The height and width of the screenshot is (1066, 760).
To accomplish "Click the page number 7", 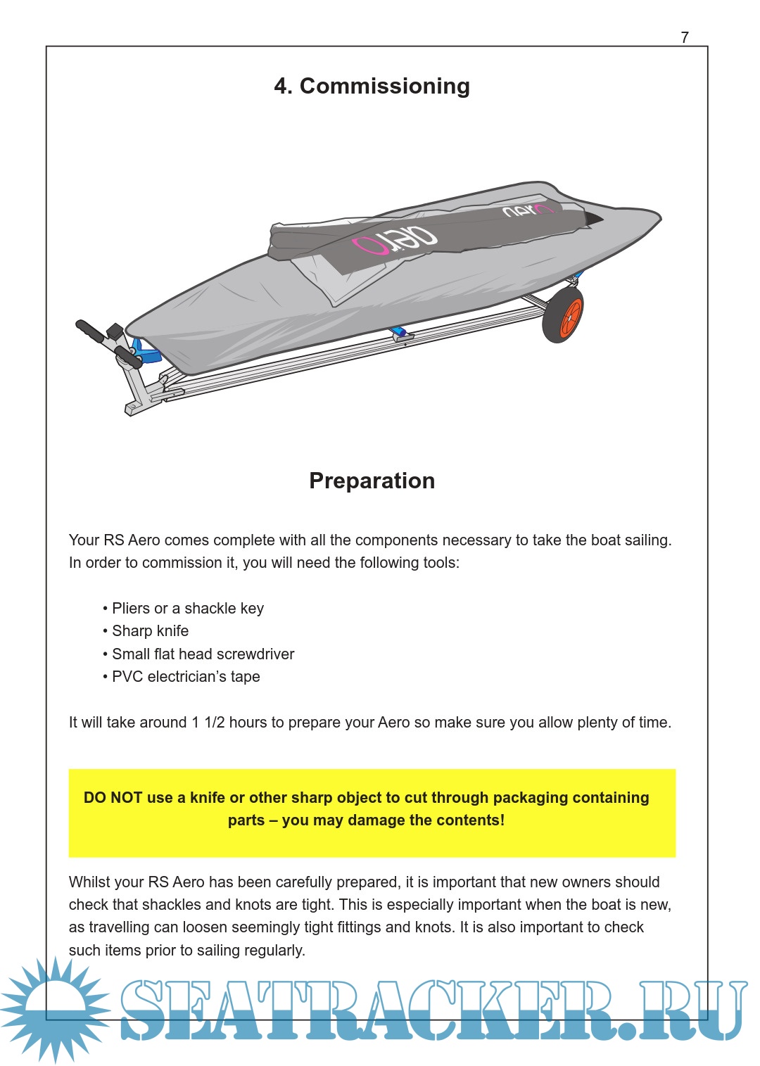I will (685, 37).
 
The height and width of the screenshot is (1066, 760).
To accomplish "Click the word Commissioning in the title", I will (384, 86).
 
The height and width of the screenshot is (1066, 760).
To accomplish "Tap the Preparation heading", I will (372, 481).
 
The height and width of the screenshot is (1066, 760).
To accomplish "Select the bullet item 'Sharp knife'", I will (150, 631).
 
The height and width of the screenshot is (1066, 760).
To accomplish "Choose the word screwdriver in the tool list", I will (255, 654).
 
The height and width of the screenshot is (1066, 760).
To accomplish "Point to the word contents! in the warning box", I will (472, 820).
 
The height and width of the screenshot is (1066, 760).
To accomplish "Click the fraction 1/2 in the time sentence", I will (215, 723).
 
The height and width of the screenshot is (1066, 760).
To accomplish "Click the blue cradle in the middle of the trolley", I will (400, 332).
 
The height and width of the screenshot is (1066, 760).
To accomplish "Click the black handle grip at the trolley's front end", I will (90, 331).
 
